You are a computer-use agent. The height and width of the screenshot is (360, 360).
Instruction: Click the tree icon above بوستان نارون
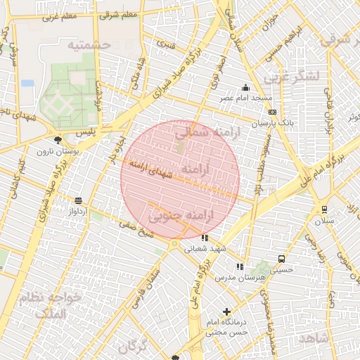(x=58, y=141)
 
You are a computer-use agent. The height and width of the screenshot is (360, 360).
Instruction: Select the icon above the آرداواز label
(x=77, y=200)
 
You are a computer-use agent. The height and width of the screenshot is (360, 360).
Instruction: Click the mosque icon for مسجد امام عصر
(x=245, y=88)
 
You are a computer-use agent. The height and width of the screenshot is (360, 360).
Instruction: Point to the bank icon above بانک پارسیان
(x=272, y=112)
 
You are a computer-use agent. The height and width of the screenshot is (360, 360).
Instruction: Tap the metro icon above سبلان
(x=324, y=210)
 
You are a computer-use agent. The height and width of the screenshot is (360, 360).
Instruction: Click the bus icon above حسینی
(x=282, y=259)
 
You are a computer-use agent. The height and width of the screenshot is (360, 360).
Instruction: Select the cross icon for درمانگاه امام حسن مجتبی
(x=226, y=311)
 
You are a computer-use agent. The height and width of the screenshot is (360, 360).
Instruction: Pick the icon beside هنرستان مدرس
(x=240, y=267)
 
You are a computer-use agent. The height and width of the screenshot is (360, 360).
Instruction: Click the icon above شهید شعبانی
(x=205, y=238)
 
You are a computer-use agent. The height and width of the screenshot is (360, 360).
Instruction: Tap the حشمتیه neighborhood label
(x=90, y=44)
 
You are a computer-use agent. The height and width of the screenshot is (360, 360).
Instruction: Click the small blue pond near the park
(x=27, y=83)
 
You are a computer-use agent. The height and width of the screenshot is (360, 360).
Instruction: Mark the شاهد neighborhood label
(x=312, y=339)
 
